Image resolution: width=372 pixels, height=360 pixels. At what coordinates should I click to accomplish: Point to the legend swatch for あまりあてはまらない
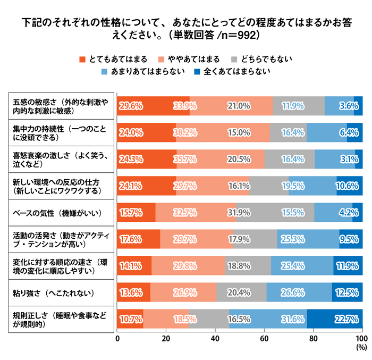point(104,71)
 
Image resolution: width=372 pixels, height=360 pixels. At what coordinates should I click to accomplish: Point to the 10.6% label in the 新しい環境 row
point(349,186)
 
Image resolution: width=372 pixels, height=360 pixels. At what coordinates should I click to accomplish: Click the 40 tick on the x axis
point(215,339)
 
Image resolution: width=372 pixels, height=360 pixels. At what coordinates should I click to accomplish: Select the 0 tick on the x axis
point(117,339)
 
